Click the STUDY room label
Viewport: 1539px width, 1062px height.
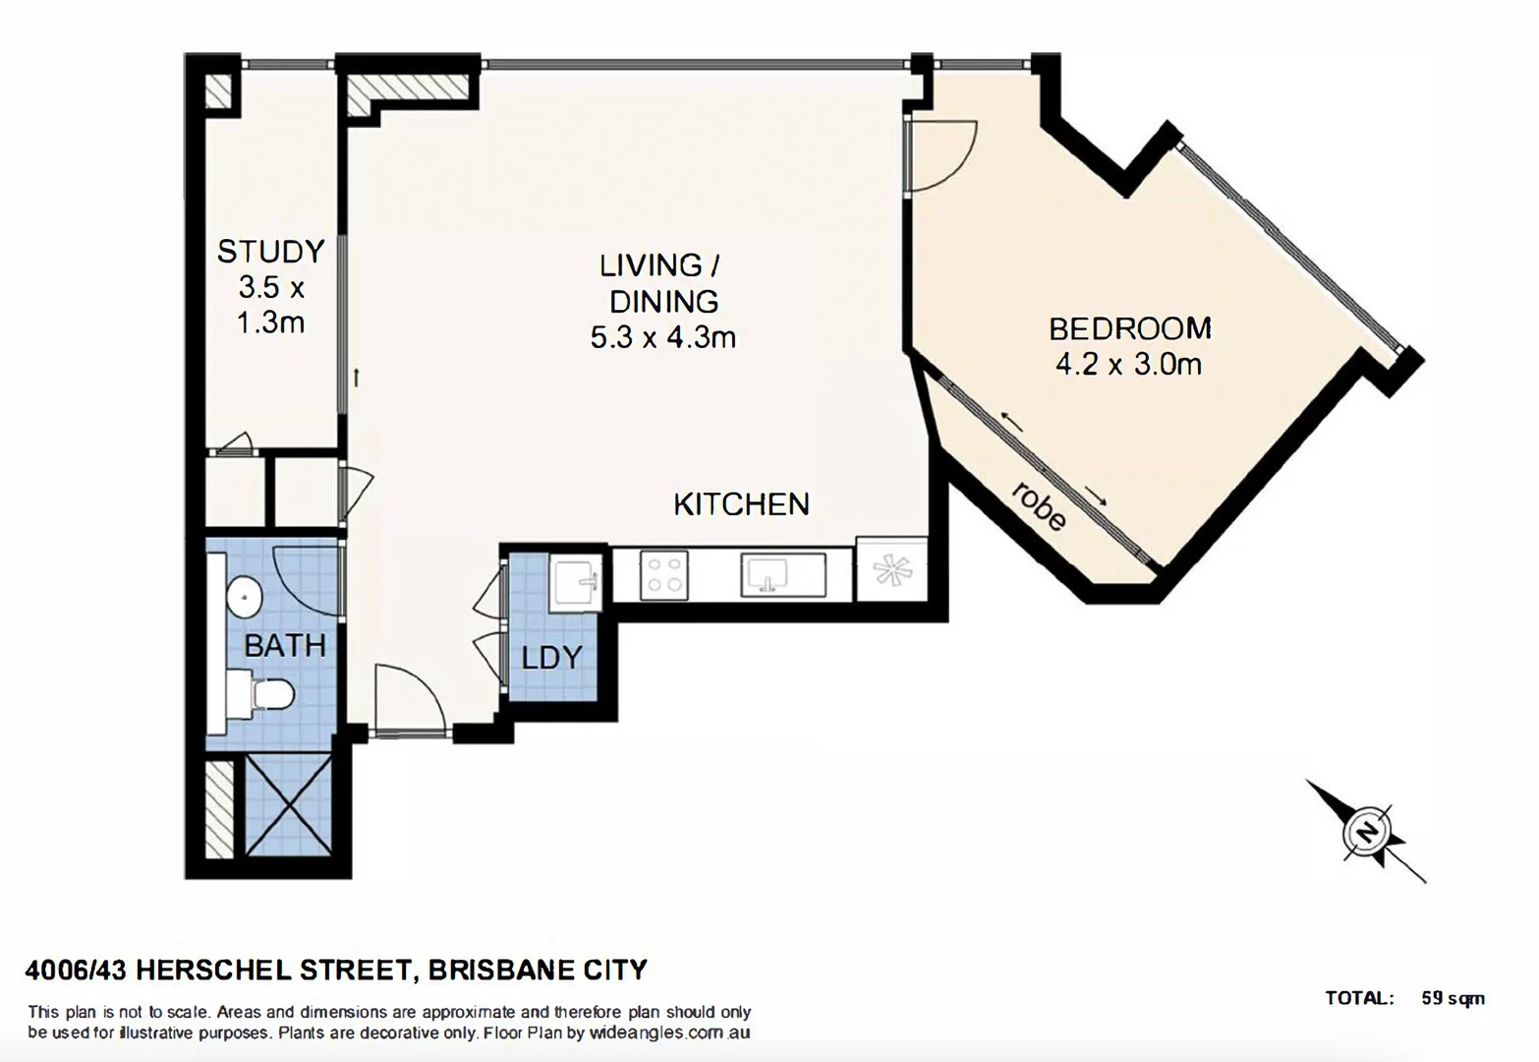270,252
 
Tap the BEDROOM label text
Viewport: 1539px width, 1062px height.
1129,327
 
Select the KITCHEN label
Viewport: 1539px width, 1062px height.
741,504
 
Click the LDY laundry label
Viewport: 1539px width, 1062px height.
551,657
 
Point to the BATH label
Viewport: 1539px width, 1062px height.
284,646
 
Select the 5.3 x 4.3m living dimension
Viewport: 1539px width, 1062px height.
662,338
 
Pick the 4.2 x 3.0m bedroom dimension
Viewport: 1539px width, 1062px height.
1128,365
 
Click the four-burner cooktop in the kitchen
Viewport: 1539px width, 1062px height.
662,574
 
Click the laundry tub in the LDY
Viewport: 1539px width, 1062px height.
576,582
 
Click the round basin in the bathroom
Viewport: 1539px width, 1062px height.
243,595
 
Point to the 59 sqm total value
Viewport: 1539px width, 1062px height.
1453,998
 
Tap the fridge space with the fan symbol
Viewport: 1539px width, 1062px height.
891,569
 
